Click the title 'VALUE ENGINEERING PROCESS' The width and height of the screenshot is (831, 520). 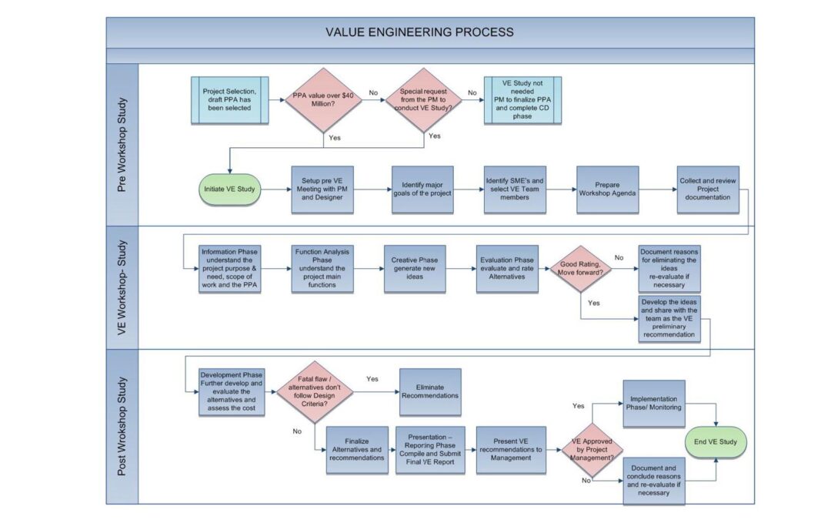pos(419,32)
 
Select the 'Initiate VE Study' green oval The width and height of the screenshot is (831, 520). pos(230,189)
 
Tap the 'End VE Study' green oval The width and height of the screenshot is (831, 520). pos(716,442)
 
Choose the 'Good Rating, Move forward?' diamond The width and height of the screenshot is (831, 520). pos(582,269)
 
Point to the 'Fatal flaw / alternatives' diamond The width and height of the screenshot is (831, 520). pos(315,392)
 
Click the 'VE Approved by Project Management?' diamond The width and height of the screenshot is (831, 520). pos(592,450)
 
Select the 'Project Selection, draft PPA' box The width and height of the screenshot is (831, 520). pos(230,100)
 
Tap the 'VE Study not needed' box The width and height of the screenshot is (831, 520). pos(522,100)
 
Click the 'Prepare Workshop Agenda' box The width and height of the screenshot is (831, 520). pos(608,190)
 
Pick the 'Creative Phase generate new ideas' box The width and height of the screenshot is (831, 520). pos(415,269)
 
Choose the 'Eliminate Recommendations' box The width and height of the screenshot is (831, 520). pos(430,391)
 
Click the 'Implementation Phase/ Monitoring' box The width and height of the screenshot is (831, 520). pos(653,403)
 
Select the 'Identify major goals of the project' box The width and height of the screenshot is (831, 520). pos(422,190)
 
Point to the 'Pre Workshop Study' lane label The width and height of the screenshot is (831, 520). pos(122,145)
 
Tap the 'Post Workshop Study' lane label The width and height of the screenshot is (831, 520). pos(122,426)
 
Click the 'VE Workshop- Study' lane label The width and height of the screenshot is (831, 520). pos(122,287)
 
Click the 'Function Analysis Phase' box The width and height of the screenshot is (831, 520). pos(323,269)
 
